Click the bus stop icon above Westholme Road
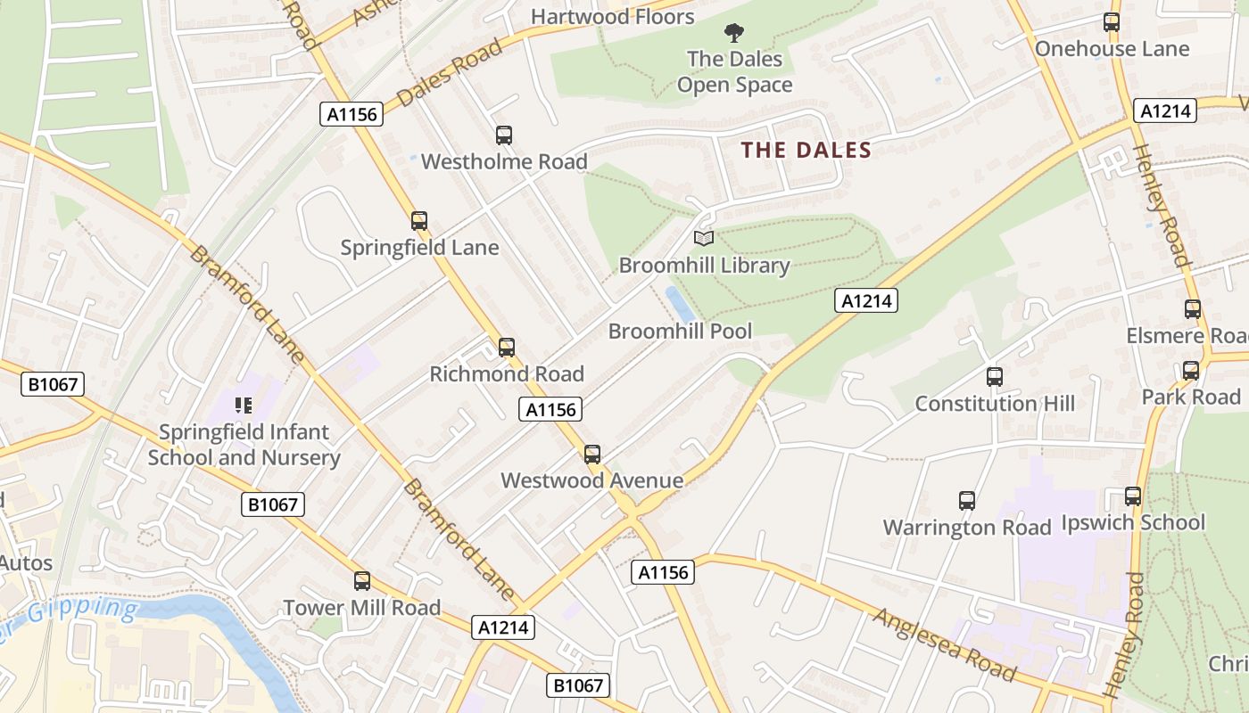coord(504,135)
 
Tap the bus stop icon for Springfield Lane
coord(419,221)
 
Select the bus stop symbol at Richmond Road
coord(507,348)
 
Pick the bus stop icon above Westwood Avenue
coord(592,455)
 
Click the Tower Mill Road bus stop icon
coord(362,581)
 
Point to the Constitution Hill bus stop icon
coord(995,377)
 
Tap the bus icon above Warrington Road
coord(967,501)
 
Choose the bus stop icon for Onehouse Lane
coord(1112,22)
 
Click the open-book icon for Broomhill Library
coord(704,238)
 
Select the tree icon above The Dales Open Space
coord(734,34)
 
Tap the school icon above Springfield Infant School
coord(244,406)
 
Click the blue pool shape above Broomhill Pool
coord(681,305)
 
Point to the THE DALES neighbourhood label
coord(806,150)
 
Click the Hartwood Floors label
coord(612,16)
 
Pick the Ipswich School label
coord(1133,522)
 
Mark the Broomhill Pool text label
coord(680,332)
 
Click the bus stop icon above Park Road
coord(1191,371)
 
